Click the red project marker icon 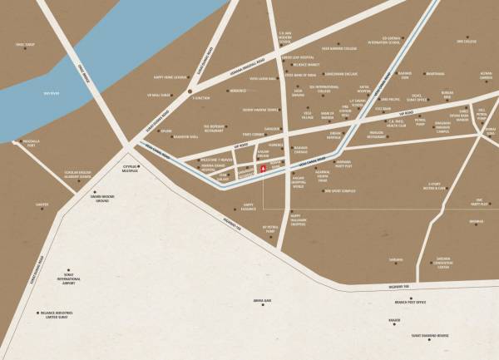point(264,170)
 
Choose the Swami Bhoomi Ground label point(104,198)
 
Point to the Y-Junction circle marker point(190,91)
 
